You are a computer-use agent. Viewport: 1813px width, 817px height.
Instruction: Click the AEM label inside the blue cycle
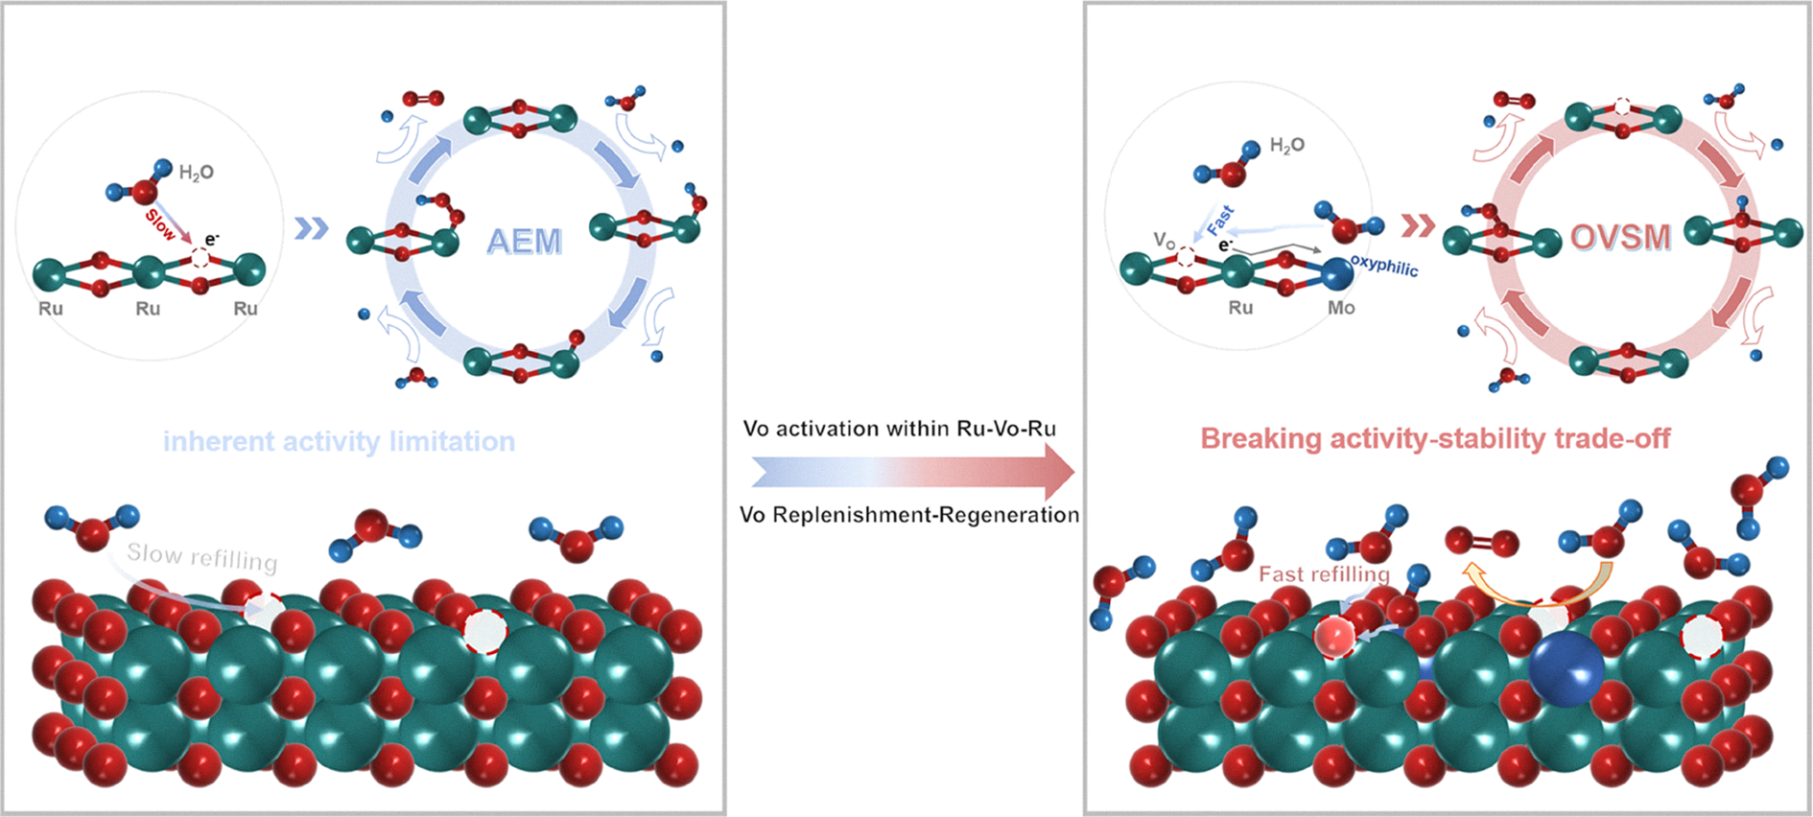524,241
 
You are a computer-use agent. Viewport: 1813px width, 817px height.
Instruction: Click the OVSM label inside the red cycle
1621,237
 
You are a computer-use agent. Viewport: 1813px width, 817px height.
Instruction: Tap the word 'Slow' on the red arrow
160,224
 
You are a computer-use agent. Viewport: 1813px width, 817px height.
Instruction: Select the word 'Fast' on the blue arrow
1220,221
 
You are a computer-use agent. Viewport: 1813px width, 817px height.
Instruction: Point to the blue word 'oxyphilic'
1384,266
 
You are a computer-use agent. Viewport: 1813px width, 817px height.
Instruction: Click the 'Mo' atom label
1341,308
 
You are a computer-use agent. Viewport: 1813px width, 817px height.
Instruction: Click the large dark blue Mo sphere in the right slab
1566,668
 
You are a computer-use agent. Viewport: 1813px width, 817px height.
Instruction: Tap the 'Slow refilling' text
202,556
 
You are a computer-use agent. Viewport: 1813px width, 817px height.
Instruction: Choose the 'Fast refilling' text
1324,574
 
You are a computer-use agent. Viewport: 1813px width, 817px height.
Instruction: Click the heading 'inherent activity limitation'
339,441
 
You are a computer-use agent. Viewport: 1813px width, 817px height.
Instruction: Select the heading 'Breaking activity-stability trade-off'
1435,438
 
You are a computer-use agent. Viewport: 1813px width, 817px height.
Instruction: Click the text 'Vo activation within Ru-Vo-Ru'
900,429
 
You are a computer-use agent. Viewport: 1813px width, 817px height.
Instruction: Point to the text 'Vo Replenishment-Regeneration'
909,515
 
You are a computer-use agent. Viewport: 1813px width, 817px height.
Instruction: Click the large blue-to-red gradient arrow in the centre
911,472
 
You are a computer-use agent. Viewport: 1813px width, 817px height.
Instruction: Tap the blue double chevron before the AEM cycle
311,228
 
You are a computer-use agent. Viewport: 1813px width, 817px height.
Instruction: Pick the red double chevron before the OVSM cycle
1418,225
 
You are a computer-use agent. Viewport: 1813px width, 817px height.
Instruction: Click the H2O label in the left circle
197,173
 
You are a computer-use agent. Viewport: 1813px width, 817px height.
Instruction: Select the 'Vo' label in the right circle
1165,240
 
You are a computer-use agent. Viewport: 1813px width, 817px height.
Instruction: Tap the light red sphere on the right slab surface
1334,637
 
